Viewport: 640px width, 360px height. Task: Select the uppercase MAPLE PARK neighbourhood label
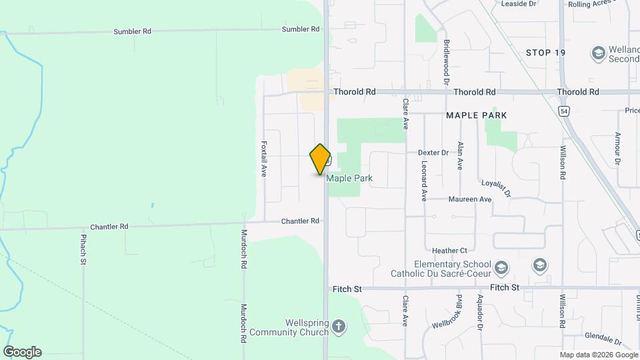[476, 115]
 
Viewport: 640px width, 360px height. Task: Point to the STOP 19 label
[545, 53]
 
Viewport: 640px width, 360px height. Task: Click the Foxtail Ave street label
[264, 158]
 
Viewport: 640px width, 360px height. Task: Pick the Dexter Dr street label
[433, 153]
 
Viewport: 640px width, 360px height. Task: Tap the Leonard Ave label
[424, 181]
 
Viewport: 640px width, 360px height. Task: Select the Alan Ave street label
[459, 155]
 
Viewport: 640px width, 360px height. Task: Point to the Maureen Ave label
[471, 199]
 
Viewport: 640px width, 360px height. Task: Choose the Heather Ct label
[449, 251]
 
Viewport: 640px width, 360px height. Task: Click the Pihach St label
[84, 249]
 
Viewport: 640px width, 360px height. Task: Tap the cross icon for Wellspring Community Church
[339, 327]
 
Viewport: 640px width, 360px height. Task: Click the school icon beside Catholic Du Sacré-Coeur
[501, 269]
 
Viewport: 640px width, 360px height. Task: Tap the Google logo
[22, 351]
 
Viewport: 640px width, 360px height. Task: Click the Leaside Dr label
[523, 4]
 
